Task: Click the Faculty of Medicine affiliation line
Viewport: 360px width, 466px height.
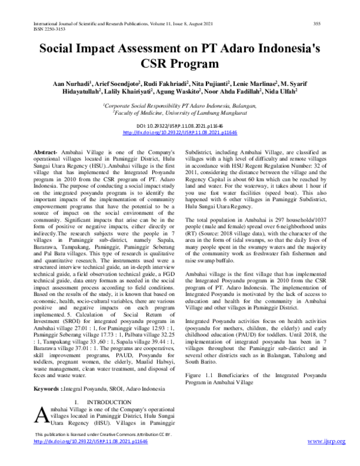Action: [180, 112]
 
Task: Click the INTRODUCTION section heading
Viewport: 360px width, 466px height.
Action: [109, 402]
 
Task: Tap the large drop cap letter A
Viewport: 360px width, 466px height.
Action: [43, 417]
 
